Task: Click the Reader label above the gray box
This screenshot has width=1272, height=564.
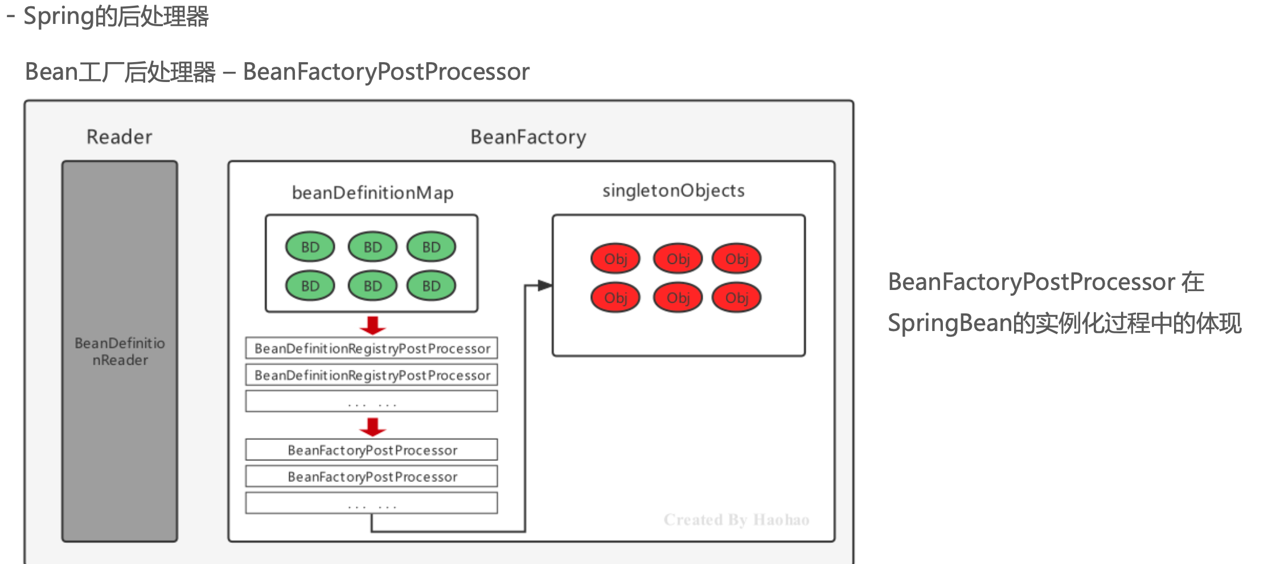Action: click(x=120, y=137)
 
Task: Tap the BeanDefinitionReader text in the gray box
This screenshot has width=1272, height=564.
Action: click(x=120, y=352)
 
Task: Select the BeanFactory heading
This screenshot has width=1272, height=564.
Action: click(x=528, y=137)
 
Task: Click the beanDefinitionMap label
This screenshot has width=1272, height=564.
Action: click(x=372, y=193)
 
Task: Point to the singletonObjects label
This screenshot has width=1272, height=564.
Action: click(x=673, y=191)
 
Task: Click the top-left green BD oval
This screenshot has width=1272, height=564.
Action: click(x=310, y=247)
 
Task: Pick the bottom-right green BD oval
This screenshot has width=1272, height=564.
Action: click(x=431, y=285)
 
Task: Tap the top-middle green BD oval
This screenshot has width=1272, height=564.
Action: click(x=372, y=247)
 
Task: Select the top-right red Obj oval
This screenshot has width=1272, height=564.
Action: click(x=737, y=259)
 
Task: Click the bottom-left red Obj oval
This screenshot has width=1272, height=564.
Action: click(x=616, y=298)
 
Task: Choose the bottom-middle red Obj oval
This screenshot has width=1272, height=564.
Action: click(x=678, y=298)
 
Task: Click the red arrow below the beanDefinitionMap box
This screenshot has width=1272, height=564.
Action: click(x=372, y=325)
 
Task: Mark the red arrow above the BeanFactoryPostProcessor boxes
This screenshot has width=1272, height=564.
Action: click(x=372, y=427)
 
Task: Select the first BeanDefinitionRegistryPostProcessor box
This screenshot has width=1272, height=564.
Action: click(x=372, y=348)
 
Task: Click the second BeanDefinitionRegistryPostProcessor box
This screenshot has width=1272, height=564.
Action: click(x=372, y=375)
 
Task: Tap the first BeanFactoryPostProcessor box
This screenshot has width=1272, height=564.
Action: click(x=372, y=450)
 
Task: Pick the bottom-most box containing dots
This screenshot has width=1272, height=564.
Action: click(x=372, y=503)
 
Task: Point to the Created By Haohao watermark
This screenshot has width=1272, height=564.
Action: click(x=736, y=520)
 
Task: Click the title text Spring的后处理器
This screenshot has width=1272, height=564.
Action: click(x=116, y=16)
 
